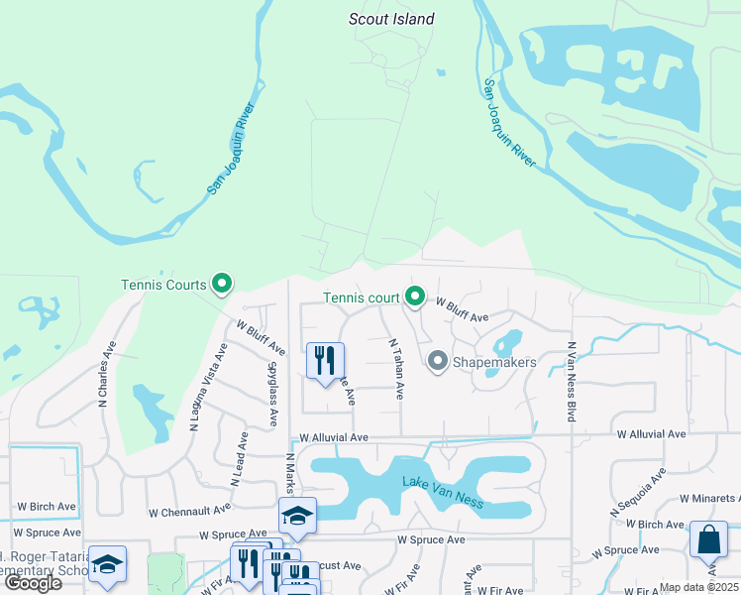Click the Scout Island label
pos(391,19)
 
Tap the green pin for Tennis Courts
pos(223,285)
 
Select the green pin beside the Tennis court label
pos(415,297)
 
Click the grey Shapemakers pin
pos(437,362)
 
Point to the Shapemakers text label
pos(494,362)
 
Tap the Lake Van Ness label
pos(442,492)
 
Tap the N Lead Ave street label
pos(237,458)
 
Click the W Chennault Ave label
pos(195,513)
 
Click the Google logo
pos(33,583)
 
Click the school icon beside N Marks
pos(297,516)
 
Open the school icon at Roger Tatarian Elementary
pos(107,564)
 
